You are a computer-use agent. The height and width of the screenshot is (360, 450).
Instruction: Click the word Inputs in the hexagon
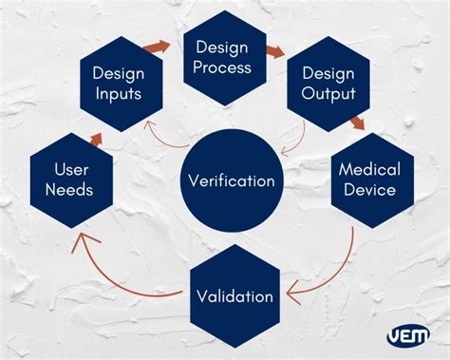(118, 93)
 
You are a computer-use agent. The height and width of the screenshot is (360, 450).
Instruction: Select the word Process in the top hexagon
(223, 67)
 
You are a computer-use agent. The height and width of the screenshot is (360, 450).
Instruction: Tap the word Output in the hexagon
(328, 93)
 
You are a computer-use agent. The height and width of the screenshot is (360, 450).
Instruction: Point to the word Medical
(369, 169)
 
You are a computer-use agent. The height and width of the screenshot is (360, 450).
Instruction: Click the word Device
(369, 189)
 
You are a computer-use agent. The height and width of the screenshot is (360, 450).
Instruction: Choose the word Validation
(235, 295)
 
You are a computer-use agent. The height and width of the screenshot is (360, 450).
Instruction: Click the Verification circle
(232, 180)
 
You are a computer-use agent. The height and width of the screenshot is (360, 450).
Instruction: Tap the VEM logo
(408, 334)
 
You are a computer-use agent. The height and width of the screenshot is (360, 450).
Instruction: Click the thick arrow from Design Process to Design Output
(275, 52)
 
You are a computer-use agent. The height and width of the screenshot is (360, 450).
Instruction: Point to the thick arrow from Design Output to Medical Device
(356, 123)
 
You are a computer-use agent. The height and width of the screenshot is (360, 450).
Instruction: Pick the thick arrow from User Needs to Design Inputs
(96, 138)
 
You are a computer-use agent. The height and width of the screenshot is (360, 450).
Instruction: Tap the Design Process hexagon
(223, 57)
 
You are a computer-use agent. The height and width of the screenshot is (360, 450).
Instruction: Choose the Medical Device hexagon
(369, 180)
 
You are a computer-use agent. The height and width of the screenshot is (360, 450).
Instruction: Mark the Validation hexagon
(235, 295)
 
